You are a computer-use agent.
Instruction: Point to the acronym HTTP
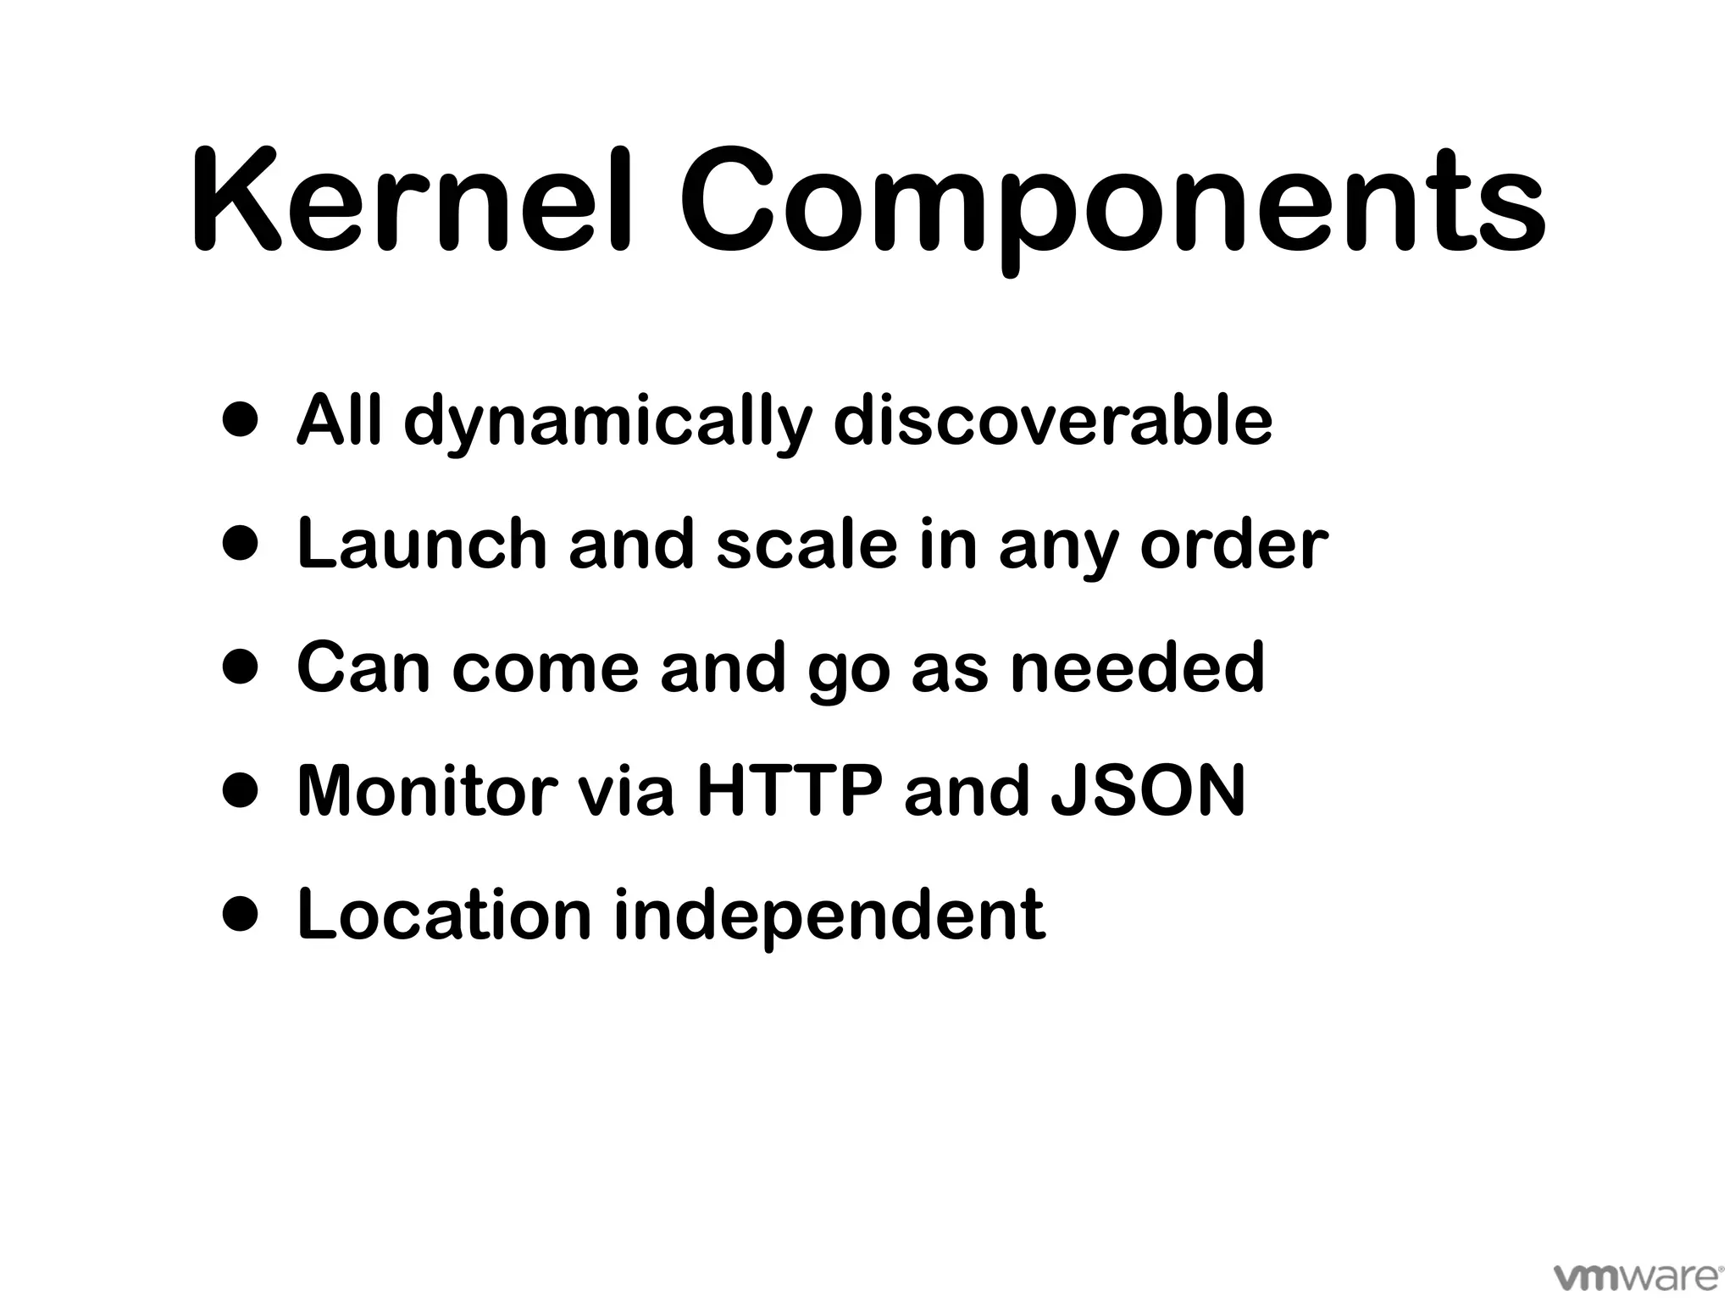click(x=789, y=790)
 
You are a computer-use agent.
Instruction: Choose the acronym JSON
click(x=1148, y=790)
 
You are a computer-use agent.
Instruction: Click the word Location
click(x=445, y=914)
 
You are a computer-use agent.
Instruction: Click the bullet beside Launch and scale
click(x=240, y=543)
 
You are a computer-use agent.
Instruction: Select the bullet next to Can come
click(x=240, y=667)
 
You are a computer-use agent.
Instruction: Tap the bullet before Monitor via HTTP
click(x=240, y=790)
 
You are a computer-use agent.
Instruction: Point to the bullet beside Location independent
click(x=240, y=914)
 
